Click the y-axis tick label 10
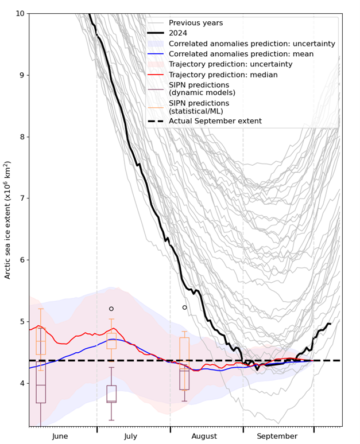[x=20, y=13]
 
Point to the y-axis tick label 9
[x=22, y=75]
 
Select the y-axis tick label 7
[x=22, y=198]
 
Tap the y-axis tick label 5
[x=22, y=322]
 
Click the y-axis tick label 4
[x=22, y=383]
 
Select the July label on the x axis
[x=130, y=436]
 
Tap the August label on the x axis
[x=204, y=436]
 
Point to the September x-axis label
[x=277, y=436]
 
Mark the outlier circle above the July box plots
[x=111, y=309]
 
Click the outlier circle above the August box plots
[x=185, y=307]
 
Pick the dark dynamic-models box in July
[x=111, y=394]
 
